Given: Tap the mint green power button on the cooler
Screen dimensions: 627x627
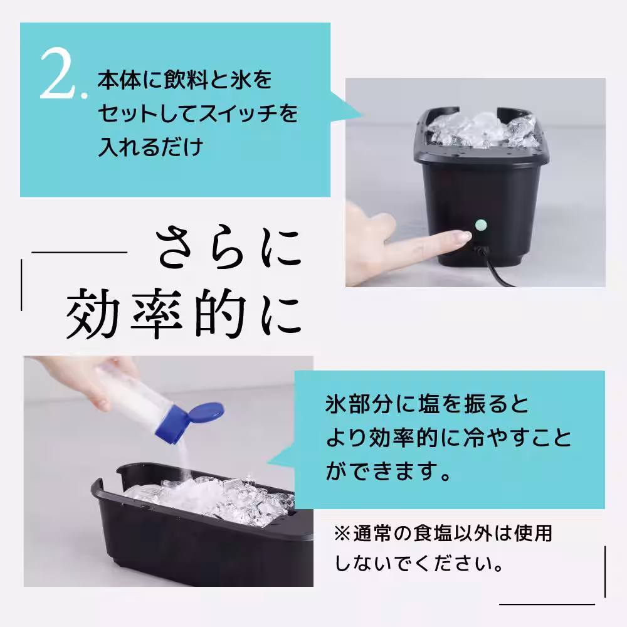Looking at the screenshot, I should (482, 223).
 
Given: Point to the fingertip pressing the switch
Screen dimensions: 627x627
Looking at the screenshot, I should (461, 236).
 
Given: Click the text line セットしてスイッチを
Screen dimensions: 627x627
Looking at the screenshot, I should (197, 115).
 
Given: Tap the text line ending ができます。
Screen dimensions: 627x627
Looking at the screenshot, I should (388, 471).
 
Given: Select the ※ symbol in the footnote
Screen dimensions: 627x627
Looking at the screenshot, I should (343, 534).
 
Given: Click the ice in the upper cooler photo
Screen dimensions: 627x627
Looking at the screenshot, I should (483, 130).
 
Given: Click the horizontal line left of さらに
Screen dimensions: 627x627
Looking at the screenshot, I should (79, 253).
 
